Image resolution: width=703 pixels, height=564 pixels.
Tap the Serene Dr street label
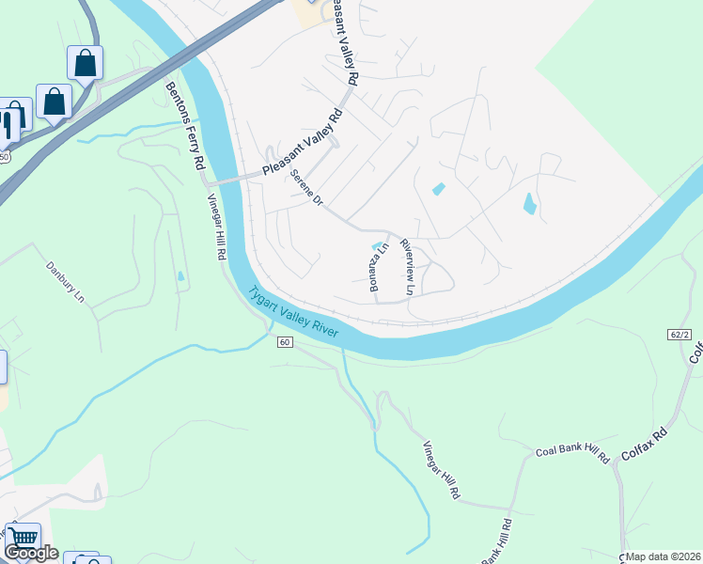(306, 189)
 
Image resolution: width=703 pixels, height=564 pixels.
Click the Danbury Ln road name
(66, 281)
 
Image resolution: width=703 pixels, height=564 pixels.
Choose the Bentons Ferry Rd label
(185, 125)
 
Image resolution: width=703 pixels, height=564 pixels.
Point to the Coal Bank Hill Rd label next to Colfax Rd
(572, 452)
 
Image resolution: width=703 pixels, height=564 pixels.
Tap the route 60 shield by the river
(284, 342)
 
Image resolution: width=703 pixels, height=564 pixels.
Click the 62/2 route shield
(680, 335)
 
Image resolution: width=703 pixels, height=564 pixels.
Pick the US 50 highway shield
(5, 157)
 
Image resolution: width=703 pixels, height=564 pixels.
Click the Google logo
(30, 553)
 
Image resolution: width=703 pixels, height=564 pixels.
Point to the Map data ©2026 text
(663, 556)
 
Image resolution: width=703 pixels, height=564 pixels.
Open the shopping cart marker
(23, 539)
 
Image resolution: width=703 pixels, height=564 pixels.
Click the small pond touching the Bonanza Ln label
(378, 247)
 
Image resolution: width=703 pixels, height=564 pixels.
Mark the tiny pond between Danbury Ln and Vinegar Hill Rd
(180, 276)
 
